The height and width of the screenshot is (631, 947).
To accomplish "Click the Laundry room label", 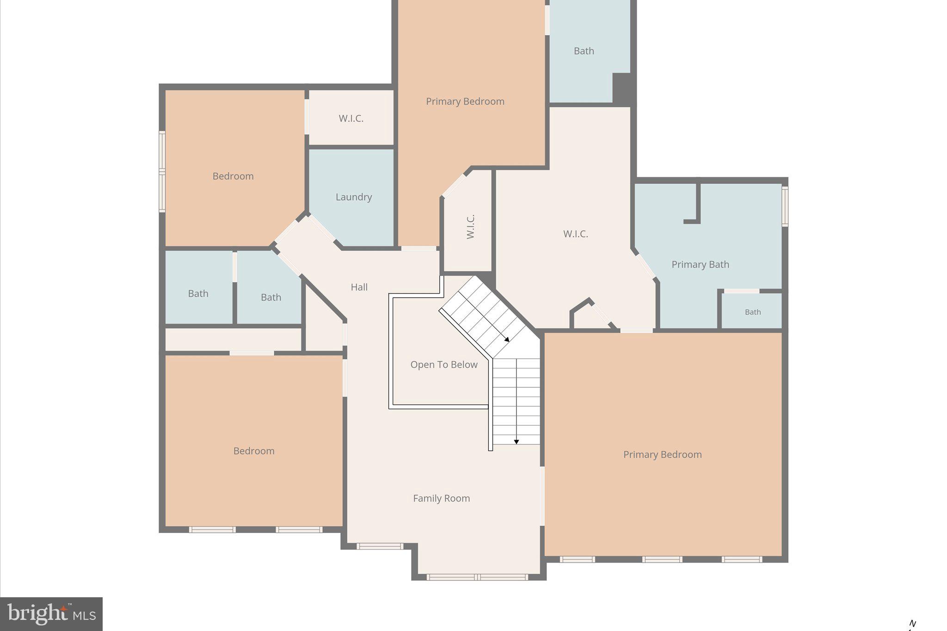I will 354,197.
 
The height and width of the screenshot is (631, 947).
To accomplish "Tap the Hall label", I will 359,287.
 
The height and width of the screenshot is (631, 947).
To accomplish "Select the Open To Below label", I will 443,365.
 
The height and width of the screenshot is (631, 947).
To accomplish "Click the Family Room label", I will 441,498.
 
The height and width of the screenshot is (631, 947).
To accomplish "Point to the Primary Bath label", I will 700,264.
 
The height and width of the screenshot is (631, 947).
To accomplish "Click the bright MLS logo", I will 51,614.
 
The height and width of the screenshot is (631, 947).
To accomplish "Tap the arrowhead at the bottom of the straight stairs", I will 517,442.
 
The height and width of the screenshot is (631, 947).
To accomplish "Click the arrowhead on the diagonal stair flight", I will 507,339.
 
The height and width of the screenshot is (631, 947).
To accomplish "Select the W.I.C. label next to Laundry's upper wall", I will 351,118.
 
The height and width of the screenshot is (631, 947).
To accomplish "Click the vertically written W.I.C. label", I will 470,227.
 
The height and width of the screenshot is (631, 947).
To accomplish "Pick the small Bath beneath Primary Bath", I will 752,312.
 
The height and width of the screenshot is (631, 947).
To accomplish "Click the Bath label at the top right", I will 584,51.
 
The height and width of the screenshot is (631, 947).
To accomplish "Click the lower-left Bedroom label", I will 253,451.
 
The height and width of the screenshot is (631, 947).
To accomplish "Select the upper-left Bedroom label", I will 233,176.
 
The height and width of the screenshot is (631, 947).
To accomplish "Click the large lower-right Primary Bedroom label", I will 662,454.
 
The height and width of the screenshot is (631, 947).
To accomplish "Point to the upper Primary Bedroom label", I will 465,101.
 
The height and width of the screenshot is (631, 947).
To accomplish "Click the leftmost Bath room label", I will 198,294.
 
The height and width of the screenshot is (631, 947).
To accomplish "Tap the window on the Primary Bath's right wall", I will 785,206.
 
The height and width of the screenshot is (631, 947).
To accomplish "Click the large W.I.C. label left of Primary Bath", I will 575,234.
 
